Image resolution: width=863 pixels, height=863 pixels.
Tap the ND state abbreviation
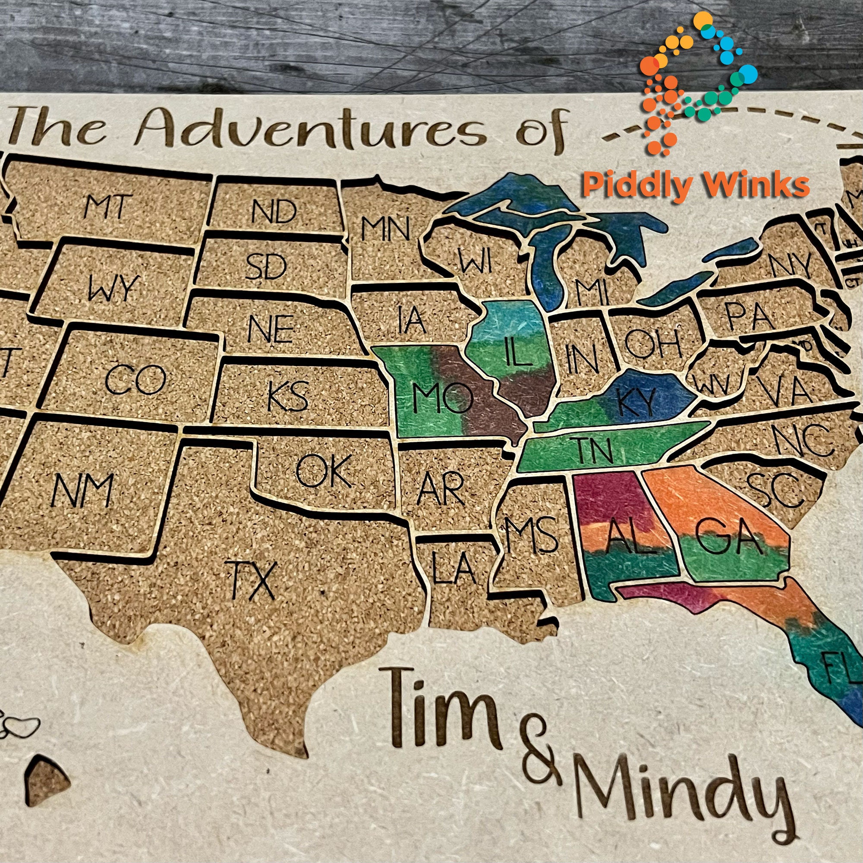pos(274,211)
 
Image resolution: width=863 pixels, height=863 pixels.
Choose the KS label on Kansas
pos(288,396)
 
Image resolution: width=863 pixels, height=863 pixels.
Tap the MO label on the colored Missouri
pos(442,398)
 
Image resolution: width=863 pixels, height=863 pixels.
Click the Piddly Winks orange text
pos(696,186)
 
